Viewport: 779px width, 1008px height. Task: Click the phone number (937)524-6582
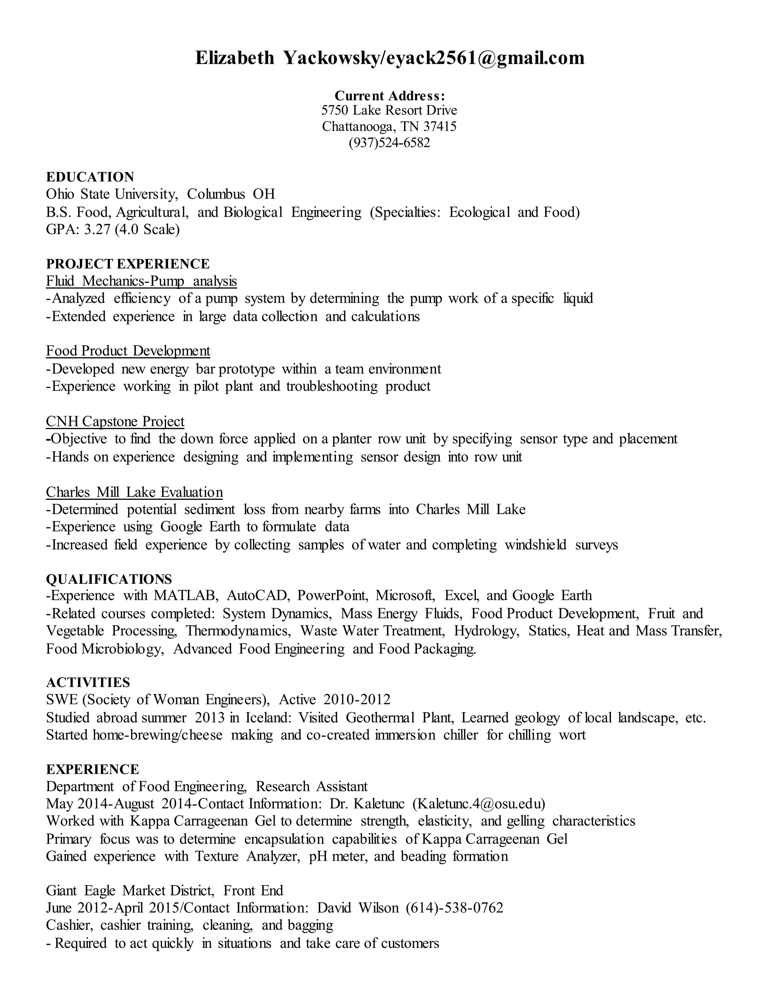[x=389, y=143]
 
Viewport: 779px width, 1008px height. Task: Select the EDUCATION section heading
[x=90, y=177]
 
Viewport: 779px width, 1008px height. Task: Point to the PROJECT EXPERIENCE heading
[x=128, y=264]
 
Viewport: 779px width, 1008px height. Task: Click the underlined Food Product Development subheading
[x=128, y=351]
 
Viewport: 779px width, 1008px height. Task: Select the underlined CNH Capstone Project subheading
[x=115, y=421]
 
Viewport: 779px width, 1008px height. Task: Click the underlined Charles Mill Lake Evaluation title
[x=134, y=493]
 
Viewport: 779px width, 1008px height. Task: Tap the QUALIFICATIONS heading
[x=109, y=579]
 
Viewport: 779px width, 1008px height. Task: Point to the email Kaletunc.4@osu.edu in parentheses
[x=479, y=804]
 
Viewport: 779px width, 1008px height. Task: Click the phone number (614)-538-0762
[x=455, y=908]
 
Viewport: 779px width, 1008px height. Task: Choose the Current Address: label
[x=389, y=96]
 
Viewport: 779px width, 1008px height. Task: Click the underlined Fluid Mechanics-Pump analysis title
[x=141, y=281]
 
